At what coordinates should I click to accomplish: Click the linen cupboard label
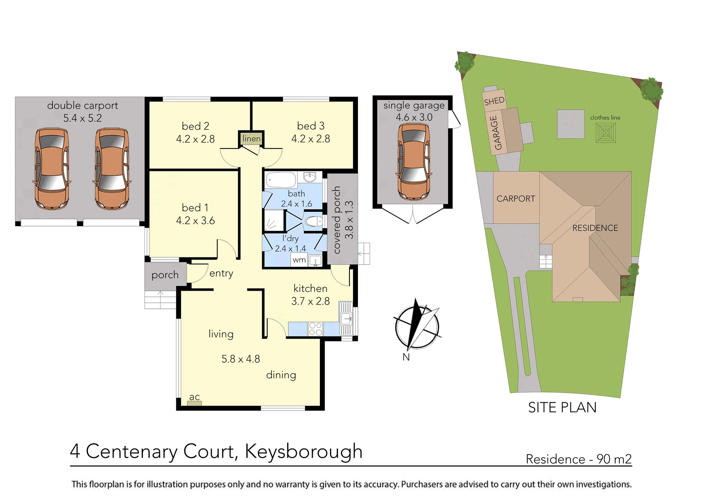[251, 139]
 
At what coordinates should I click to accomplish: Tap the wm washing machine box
[299, 260]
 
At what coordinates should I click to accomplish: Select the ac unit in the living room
[194, 403]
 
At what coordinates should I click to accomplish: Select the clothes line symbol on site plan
[605, 133]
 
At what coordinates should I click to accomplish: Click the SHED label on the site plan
[494, 101]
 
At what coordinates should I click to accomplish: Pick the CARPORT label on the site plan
[516, 199]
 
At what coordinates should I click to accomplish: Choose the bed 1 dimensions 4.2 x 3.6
[195, 221]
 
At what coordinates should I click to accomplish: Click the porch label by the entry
[165, 275]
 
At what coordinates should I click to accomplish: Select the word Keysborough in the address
[303, 451]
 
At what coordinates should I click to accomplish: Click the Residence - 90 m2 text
[578, 459]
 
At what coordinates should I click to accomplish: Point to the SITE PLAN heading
[562, 407]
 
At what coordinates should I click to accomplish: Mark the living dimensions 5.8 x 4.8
[240, 359]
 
